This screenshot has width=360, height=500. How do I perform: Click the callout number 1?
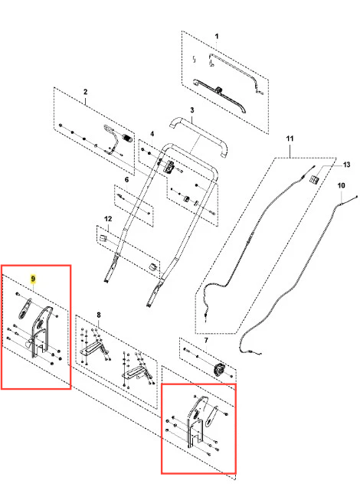click(217, 36)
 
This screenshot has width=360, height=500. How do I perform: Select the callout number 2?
click(86, 92)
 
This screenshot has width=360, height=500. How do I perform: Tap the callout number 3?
click(192, 110)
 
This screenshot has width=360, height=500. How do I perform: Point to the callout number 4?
click(152, 134)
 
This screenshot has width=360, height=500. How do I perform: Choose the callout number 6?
click(126, 180)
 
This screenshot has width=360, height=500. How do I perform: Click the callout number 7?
click(206, 341)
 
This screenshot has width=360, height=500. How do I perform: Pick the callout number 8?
click(99, 315)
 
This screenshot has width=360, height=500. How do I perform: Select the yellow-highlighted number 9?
click(33, 279)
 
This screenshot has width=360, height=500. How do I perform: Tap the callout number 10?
click(341, 185)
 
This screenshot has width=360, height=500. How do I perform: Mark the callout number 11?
click(290, 139)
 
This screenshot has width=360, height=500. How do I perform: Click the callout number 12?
click(109, 219)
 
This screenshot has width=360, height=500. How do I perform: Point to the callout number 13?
click(347, 165)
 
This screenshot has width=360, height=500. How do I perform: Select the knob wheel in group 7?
click(219, 371)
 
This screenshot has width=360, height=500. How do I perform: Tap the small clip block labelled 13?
click(314, 179)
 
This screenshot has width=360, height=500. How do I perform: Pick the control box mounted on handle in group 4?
click(169, 167)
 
